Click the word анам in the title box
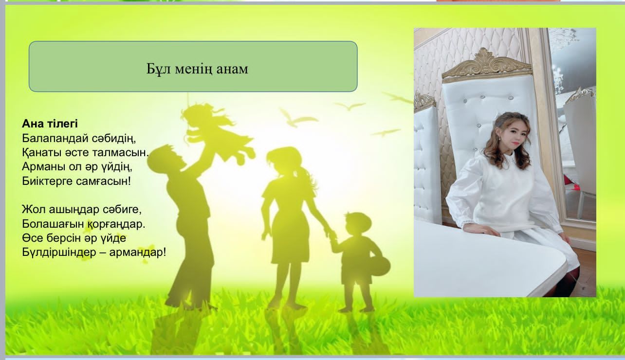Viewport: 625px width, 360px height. (232, 69)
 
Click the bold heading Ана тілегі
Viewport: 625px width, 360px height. (50, 124)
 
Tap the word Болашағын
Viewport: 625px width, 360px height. (53, 224)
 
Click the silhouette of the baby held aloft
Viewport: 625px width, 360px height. (218, 132)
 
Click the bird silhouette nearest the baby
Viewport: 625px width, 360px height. (298, 119)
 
